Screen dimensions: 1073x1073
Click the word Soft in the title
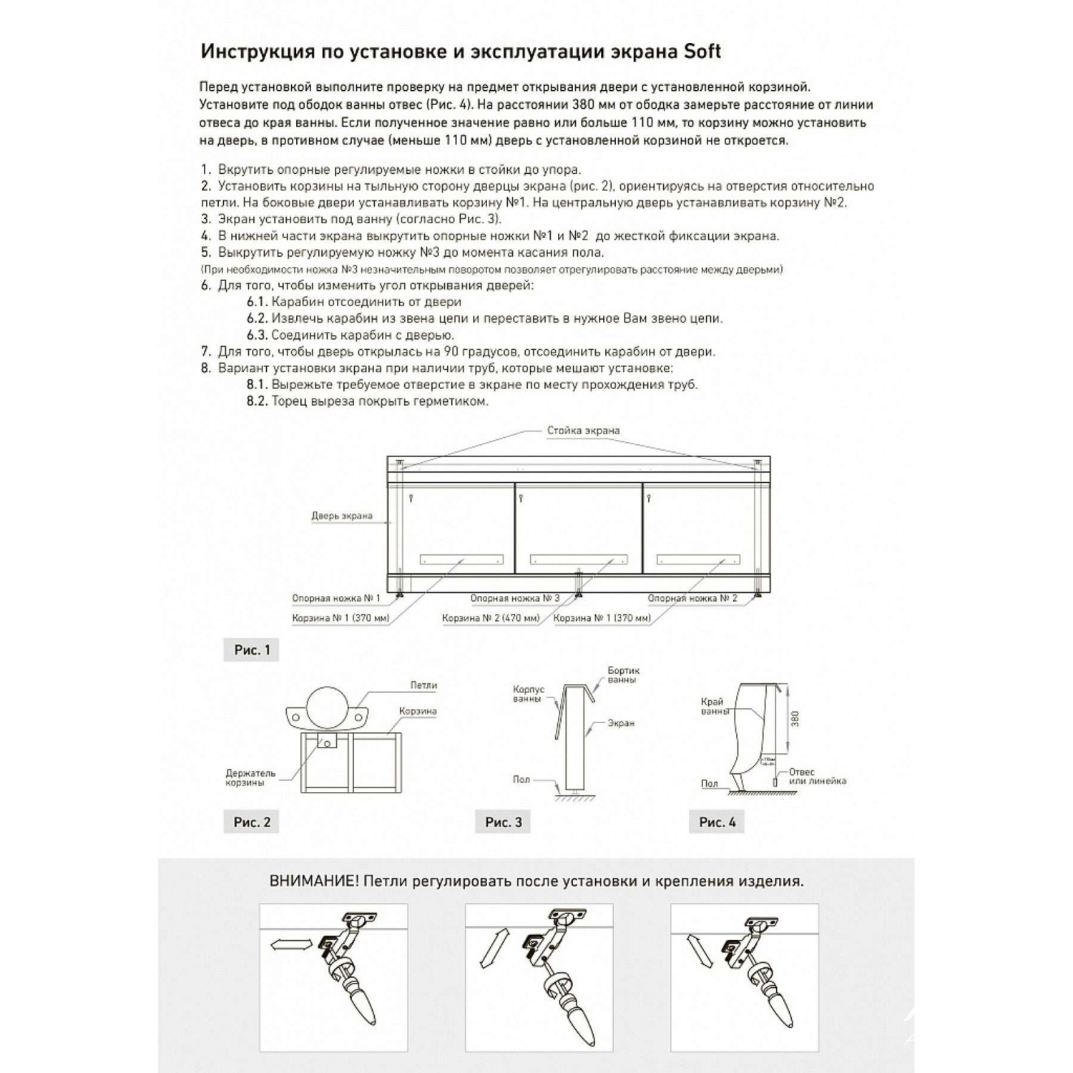click(x=702, y=52)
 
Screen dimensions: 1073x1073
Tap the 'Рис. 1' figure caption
click(x=252, y=650)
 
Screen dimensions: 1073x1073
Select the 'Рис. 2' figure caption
click(x=252, y=822)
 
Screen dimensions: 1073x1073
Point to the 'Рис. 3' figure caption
click(x=504, y=822)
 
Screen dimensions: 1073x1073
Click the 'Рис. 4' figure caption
click(x=717, y=822)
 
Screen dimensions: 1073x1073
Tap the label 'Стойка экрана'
click(x=583, y=431)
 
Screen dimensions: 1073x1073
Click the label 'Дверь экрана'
click(x=341, y=516)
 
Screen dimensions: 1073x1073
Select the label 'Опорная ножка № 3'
click(x=514, y=598)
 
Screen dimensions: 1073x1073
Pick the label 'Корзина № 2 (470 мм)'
click(x=491, y=618)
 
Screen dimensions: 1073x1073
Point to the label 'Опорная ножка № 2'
click(x=692, y=598)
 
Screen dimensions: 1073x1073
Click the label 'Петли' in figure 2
click(x=423, y=685)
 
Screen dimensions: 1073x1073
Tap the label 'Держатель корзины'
click(x=250, y=778)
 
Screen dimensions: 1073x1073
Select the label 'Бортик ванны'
click(x=623, y=675)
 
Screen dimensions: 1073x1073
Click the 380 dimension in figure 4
click(x=795, y=720)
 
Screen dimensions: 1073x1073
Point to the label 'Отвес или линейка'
click(x=817, y=777)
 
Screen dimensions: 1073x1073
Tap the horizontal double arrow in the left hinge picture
click(x=292, y=945)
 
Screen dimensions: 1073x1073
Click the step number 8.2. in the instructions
click(x=257, y=401)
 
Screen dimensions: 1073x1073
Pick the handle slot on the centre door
click(x=579, y=559)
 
